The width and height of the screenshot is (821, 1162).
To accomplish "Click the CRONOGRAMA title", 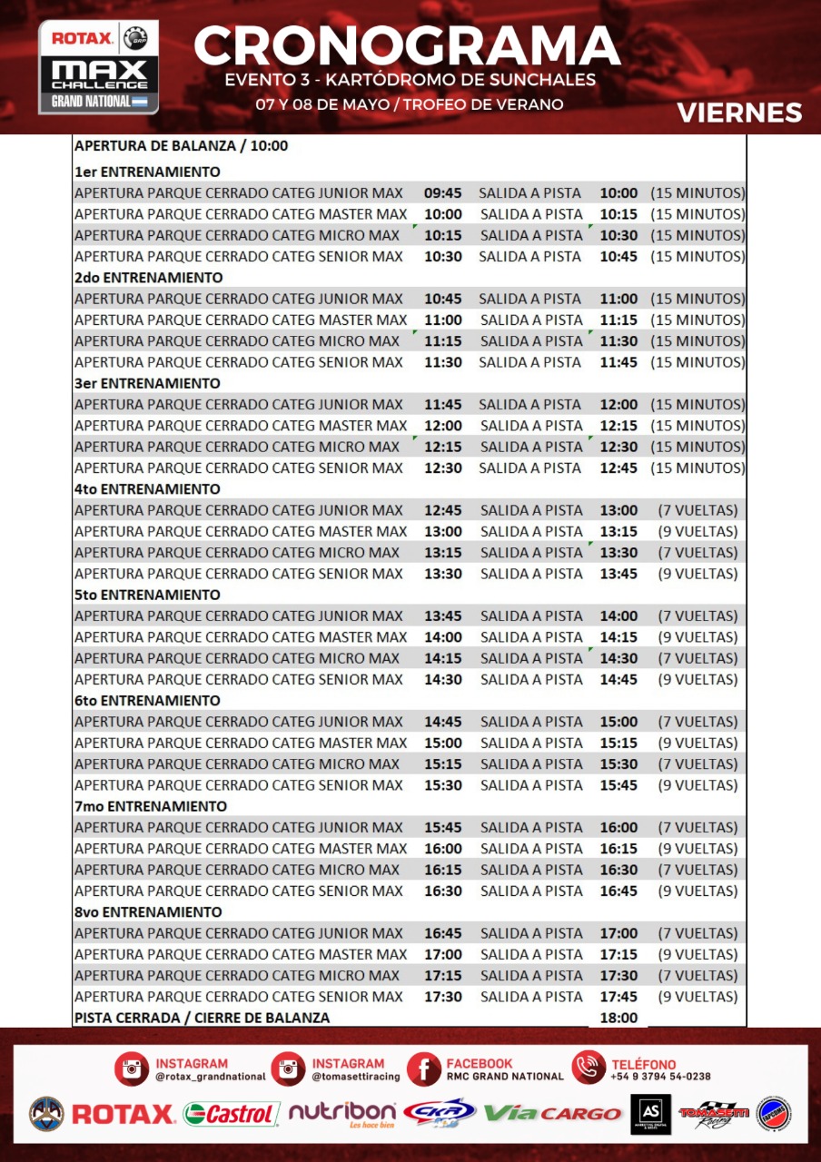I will click(x=406, y=45).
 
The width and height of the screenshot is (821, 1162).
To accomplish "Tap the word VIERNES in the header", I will click(x=739, y=113).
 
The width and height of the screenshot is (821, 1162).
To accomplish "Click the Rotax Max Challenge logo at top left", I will click(x=98, y=66).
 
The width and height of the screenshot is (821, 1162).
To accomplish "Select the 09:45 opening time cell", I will click(x=443, y=193).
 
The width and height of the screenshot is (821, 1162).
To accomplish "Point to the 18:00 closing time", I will click(x=618, y=1018).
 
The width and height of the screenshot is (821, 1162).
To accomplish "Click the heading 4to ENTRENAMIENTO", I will click(x=147, y=489).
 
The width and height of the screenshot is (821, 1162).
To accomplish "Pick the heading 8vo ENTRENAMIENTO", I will click(x=148, y=912).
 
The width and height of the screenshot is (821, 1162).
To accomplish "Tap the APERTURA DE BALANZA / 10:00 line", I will click(x=182, y=145).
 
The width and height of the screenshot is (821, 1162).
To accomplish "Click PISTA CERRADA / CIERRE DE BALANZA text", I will click(x=202, y=1018).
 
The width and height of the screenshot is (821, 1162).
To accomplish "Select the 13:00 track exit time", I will click(x=618, y=510).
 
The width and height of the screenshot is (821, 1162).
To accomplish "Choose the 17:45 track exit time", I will click(x=618, y=997).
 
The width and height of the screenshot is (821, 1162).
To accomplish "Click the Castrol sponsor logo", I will click(x=231, y=1114).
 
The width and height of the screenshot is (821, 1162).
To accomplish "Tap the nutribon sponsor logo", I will click(x=341, y=1114).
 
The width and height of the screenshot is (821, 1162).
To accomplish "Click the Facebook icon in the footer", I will click(x=424, y=1069).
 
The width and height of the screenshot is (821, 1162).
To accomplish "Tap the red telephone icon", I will click(x=589, y=1068).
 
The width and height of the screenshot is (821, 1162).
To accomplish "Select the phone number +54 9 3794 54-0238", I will click(x=661, y=1077).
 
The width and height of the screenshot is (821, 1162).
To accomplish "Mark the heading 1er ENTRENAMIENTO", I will click(x=147, y=172).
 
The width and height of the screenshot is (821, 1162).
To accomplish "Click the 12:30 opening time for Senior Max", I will click(x=443, y=468).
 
